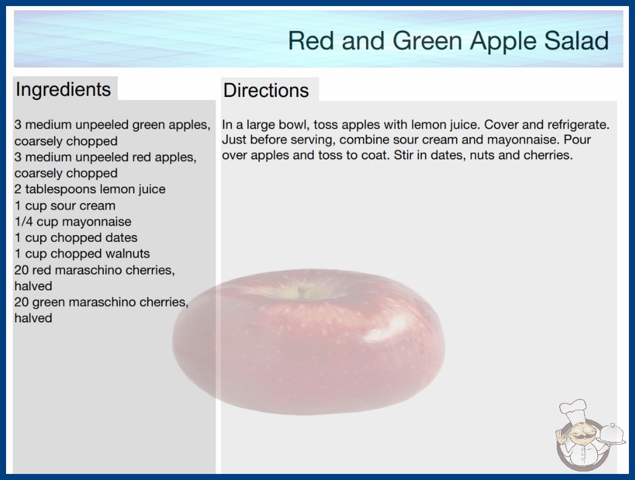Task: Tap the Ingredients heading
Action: (x=63, y=90)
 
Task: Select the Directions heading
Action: (x=266, y=90)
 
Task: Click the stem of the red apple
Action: (x=302, y=291)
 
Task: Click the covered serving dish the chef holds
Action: (x=611, y=435)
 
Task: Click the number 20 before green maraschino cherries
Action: (x=21, y=302)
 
